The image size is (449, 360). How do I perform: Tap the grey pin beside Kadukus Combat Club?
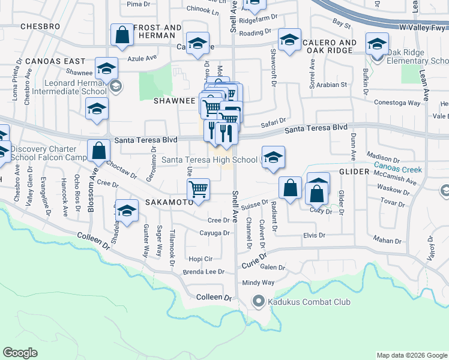(259, 301)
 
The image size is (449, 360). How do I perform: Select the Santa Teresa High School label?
(209, 160)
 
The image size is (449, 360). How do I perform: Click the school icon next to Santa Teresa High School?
(273, 157)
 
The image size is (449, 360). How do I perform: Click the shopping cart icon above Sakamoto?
(198, 190)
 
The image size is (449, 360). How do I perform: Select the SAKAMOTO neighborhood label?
(169, 203)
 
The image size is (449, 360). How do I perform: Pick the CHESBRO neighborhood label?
(40, 27)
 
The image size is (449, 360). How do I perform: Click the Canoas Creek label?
(398, 166)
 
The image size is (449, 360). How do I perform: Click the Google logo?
(20, 353)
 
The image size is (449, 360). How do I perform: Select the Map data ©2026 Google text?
(412, 355)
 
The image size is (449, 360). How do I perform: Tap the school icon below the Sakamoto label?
(126, 212)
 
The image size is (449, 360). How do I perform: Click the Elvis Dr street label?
(313, 236)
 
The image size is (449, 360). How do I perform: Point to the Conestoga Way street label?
(397, 103)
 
